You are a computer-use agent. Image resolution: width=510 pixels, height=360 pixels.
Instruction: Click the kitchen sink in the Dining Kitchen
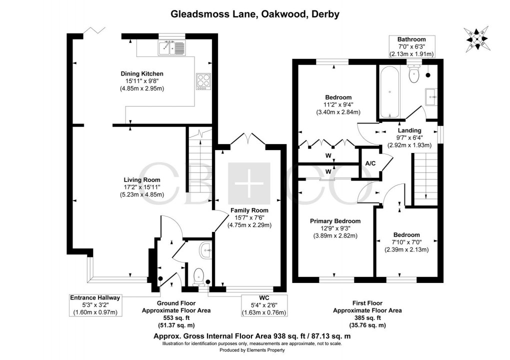click(x=170, y=48)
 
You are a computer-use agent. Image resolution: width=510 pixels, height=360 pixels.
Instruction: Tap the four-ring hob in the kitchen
click(x=203, y=81)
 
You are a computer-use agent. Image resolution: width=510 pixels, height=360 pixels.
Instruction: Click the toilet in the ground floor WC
click(x=200, y=277)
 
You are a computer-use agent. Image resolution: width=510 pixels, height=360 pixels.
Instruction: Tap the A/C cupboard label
click(x=370, y=163)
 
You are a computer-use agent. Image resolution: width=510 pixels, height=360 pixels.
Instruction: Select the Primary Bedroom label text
click(x=335, y=221)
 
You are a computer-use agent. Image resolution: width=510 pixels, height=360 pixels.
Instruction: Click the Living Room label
click(x=142, y=180)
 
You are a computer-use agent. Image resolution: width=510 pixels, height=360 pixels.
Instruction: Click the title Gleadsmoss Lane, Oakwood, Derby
click(x=255, y=14)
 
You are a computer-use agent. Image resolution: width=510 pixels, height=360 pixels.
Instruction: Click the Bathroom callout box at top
click(x=411, y=46)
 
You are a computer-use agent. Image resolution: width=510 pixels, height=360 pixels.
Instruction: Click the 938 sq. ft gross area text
click(x=255, y=336)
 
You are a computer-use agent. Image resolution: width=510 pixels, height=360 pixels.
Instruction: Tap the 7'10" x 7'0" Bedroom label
click(x=406, y=242)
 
